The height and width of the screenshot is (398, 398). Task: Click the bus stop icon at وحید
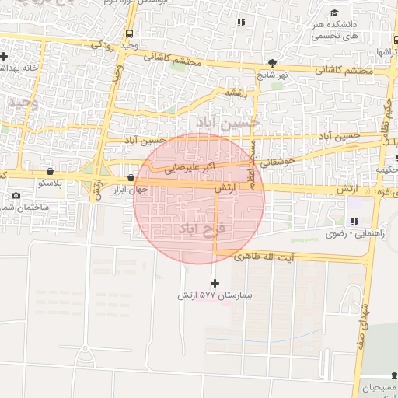(x=128, y=33)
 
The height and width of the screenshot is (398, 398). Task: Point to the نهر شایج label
(x=274, y=75)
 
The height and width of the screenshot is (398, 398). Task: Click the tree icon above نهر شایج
(x=271, y=63)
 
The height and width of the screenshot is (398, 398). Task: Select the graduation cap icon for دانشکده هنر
(x=334, y=13)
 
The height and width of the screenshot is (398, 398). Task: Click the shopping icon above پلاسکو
(x=50, y=171)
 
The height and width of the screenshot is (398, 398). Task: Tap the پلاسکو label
(x=51, y=183)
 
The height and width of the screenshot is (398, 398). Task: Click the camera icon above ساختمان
(x=16, y=196)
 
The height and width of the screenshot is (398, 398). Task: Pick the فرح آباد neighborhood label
(x=201, y=229)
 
